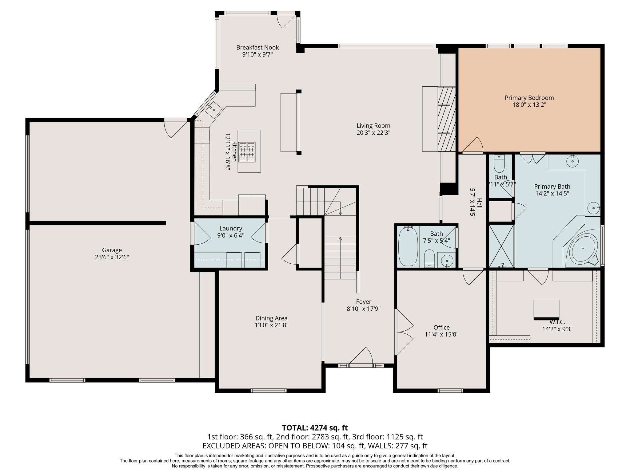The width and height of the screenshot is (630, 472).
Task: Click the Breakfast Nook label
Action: point(257,47)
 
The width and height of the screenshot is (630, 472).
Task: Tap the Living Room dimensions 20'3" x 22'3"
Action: point(373,133)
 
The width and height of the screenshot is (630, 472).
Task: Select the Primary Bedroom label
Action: point(529,98)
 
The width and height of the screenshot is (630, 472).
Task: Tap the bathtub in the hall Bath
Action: point(408,246)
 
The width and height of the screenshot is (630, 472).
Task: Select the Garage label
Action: point(112,250)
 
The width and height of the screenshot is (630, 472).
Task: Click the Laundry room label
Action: point(231,228)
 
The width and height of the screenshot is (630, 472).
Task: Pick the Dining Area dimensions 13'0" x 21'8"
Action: point(272,325)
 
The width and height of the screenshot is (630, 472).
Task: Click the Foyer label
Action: point(364,302)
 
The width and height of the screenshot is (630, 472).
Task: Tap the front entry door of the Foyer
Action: point(361,356)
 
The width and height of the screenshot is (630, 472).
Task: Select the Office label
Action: point(441,328)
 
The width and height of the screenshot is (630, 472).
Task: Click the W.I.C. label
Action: point(557,322)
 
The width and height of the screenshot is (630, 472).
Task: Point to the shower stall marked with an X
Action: point(501,246)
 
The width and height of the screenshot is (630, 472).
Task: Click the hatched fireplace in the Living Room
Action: point(446,119)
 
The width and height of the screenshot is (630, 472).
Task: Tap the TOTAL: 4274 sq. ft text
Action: point(315,428)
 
